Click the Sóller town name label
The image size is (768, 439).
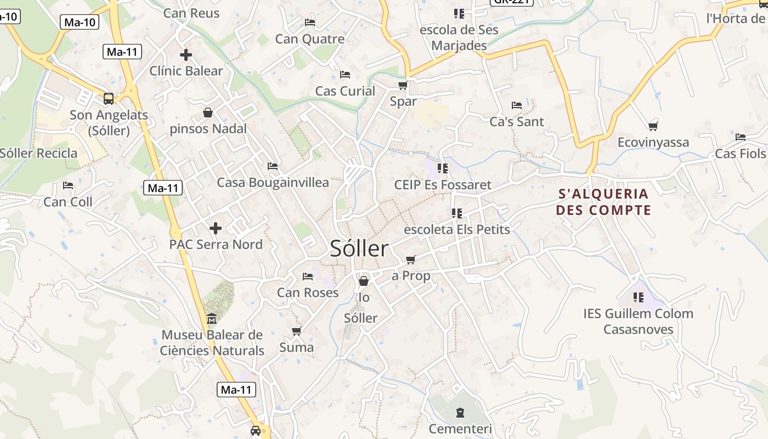tap(359, 249)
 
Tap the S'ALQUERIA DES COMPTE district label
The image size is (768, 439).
tap(603, 202)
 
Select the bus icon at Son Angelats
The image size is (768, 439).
tap(109, 99)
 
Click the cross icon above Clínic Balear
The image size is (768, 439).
tap(186, 55)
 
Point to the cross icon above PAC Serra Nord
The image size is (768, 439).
tap(216, 228)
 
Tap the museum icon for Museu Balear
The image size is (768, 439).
tap(212, 319)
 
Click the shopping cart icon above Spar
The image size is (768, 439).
tap(403, 85)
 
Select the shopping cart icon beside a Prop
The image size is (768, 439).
tap(410, 260)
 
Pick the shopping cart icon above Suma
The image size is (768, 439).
tap(296, 331)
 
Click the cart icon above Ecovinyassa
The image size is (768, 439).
tap(653, 126)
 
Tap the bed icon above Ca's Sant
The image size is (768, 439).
tap(517, 105)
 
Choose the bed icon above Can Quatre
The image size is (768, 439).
tap(310, 22)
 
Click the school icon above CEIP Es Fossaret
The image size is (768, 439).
tap(443, 168)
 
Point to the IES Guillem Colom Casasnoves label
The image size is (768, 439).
tap(639, 322)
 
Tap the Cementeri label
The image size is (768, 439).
tap(460, 429)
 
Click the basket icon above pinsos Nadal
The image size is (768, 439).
tap(208, 112)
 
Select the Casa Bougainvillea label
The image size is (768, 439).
tap(273, 183)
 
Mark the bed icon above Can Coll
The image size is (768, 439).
tap(68, 185)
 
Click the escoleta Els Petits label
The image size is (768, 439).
tap(457, 229)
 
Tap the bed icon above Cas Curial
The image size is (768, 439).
tap(345, 74)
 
